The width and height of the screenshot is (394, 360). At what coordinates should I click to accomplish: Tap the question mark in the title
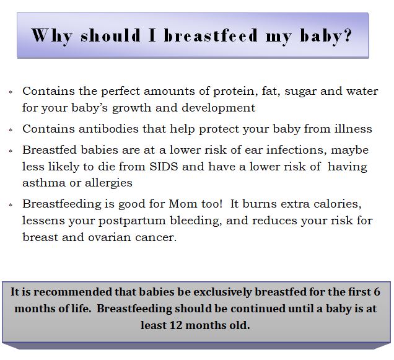tap(348, 35)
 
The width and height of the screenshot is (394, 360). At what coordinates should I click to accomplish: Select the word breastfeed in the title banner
tap(211, 35)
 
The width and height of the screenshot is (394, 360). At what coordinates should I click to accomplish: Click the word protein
tap(235, 92)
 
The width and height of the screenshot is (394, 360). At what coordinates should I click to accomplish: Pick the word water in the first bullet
tap(362, 91)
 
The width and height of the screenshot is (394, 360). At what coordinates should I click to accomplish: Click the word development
tap(218, 108)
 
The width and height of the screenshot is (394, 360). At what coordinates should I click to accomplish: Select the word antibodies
tap(108, 129)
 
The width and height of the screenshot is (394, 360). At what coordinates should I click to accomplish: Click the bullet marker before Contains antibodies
tap(11, 130)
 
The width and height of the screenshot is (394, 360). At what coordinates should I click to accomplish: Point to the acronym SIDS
tap(164, 167)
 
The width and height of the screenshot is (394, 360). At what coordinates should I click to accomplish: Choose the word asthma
tap(44, 183)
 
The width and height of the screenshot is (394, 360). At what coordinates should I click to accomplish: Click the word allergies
tap(108, 183)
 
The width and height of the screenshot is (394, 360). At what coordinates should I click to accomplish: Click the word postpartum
tap(132, 221)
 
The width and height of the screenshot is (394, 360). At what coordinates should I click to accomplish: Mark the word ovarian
tap(109, 237)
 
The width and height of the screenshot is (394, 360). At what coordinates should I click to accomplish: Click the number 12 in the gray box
tap(176, 325)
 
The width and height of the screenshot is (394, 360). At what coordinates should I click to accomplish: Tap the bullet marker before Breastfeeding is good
tap(11, 205)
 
